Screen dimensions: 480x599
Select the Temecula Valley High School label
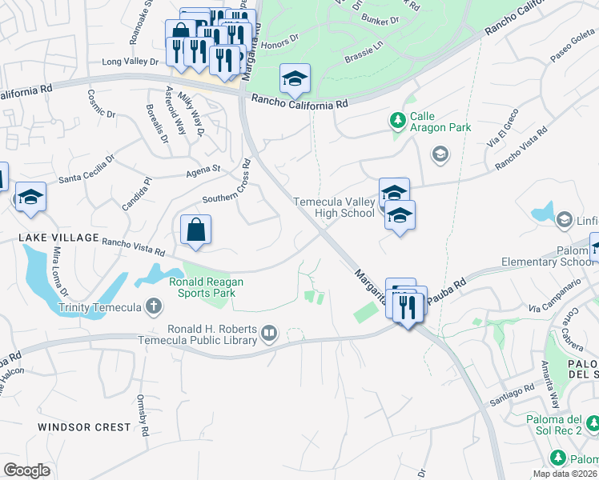334,207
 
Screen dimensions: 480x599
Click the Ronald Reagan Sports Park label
206,287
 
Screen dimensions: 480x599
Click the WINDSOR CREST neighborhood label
83,427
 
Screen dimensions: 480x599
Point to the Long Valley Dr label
131,61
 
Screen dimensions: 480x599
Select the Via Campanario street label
553,297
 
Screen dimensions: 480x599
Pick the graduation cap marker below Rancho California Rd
295,78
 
